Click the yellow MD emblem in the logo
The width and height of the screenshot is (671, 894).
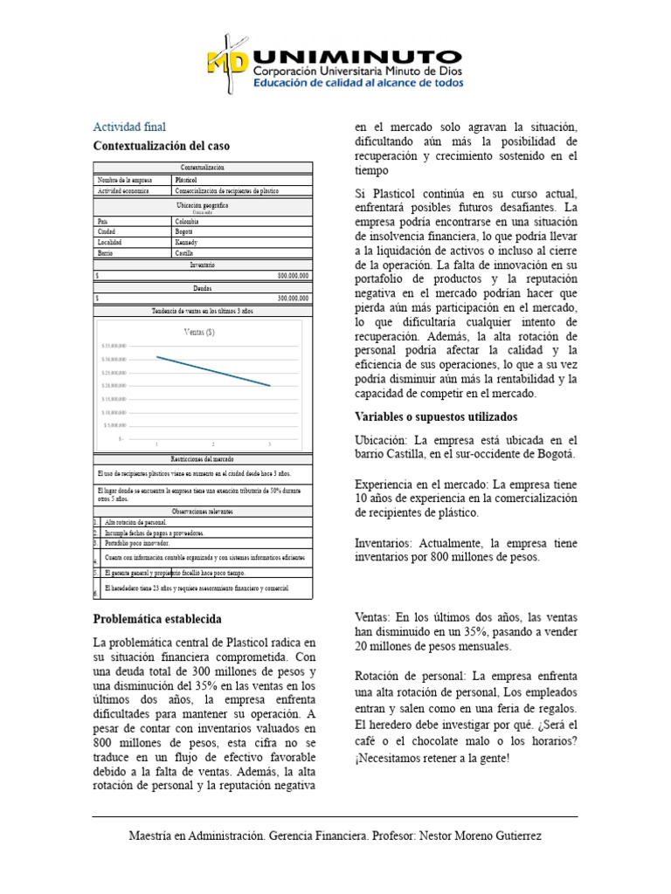[x=228, y=60]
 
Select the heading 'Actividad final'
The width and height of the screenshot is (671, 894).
[x=129, y=127]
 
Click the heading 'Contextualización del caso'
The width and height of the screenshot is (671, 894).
[x=161, y=146]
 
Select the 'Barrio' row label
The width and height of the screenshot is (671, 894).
[x=107, y=252]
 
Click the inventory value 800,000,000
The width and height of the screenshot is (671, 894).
[x=293, y=275]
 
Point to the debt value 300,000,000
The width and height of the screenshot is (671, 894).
[x=293, y=298]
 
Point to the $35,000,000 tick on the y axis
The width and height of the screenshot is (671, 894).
[x=114, y=346]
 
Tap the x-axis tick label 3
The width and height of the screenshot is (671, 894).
[x=269, y=444]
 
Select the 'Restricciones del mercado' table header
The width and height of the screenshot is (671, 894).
[x=202, y=458]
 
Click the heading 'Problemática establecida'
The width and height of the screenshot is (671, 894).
[x=156, y=619]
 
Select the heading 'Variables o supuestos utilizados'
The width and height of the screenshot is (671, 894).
[x=436, y=416]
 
